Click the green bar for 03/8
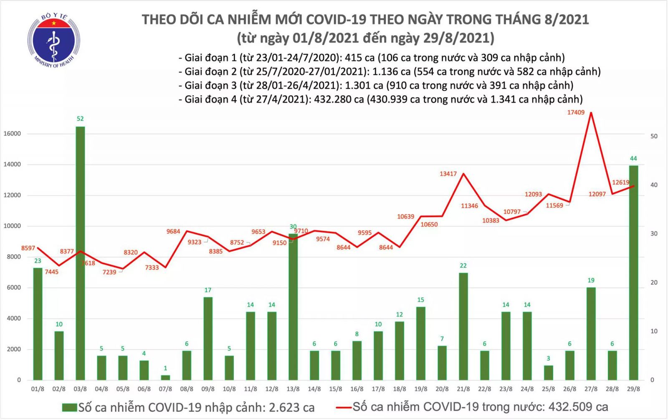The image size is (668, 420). coord(80,253)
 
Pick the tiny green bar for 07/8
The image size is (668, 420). coord(165,377)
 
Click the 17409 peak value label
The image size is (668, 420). coord(576,112)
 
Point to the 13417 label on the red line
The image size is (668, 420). coord(448,174)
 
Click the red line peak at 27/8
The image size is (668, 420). coord(591,113)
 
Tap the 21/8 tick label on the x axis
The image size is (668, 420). coord(463,389)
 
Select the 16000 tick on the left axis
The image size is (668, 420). coord(12,134)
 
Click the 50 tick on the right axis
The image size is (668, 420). coord(654,136)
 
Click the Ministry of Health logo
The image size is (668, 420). coord(53,41)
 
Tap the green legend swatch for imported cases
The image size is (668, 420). coord(69,407)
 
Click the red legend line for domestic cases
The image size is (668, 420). coord(344,407)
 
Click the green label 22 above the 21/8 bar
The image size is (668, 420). coord(463,266)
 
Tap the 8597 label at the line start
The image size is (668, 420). coord(28,248)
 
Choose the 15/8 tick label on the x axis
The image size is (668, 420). coord(336,389)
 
